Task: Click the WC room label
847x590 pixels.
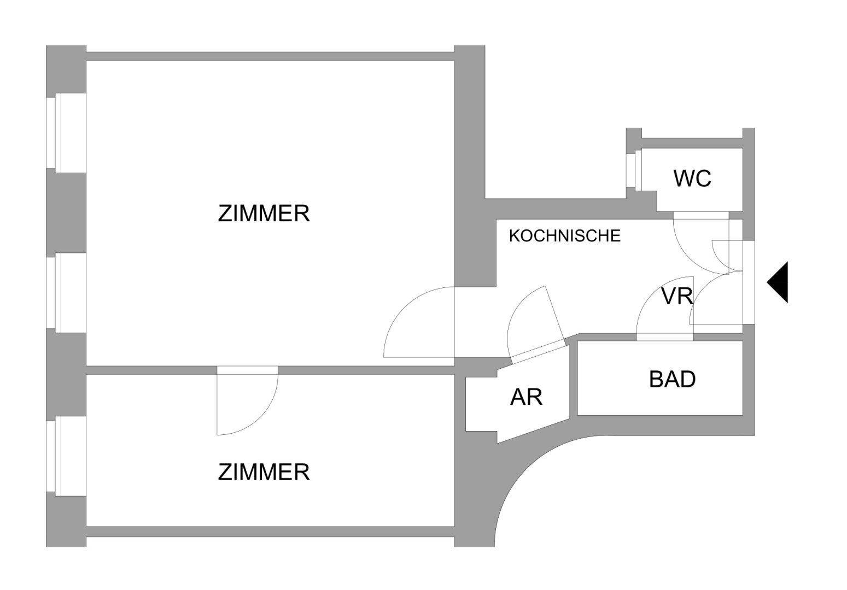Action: pyautogui.click(x=692, y=179)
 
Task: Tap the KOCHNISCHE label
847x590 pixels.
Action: pyautogui.click(x=564, y=236)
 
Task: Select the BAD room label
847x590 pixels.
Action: pyautogui.click(x=672, y=379)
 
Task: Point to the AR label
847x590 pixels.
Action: pyautogui.click(x=526, y=397)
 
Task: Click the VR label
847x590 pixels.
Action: pyautogui.click(x=677, y=296)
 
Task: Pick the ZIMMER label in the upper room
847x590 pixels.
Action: pyautogui.click(x=264, y=213)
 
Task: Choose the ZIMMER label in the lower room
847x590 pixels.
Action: pyautogui.click(x=264, y=472)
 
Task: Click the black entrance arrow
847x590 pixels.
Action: pyautogui.click(x=779, y=282)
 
